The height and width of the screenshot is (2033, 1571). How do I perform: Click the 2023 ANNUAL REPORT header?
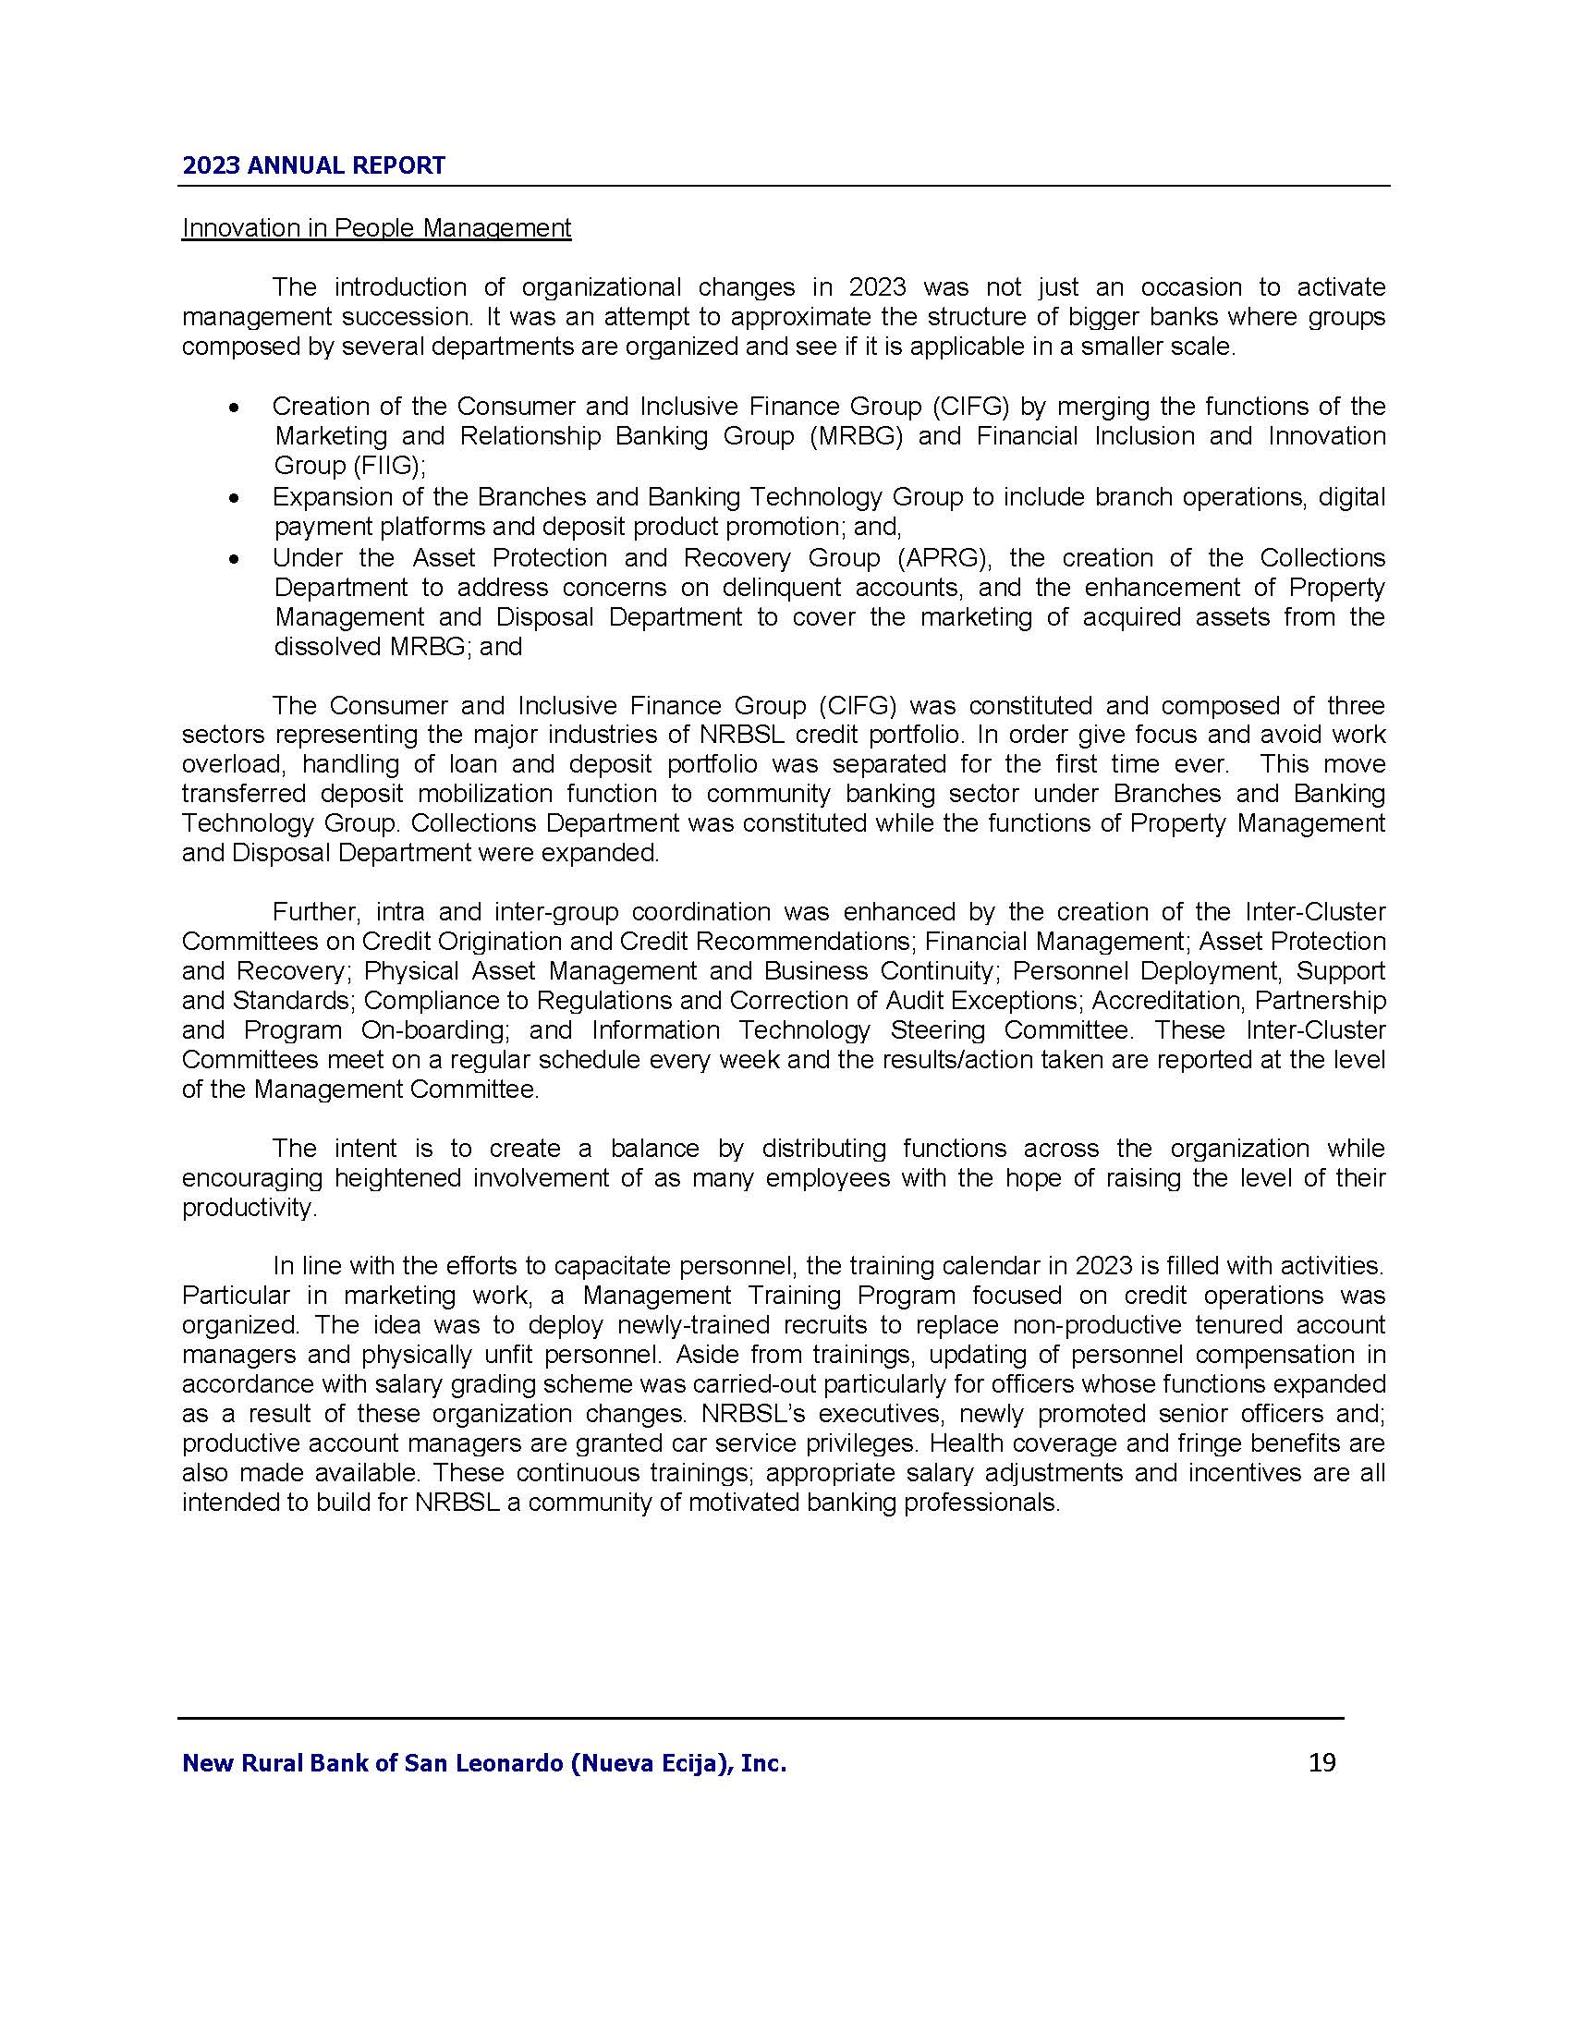click(x=313, y=165)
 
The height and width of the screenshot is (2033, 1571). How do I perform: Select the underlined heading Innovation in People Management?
click(x=376, y=228)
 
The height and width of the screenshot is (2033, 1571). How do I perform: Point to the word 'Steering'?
click(x=938, y=1030)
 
